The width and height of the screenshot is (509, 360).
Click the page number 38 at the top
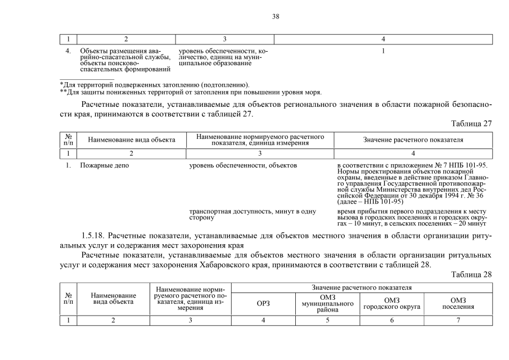276,16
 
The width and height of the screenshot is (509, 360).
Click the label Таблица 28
471,274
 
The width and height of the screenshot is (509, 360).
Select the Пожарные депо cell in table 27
97,165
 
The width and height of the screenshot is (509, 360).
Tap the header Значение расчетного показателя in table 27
413,139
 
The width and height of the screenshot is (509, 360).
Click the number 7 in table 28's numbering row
458,320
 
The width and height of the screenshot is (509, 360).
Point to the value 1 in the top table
382,51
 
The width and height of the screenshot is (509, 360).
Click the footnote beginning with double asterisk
191,92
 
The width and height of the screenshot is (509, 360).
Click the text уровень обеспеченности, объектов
242,165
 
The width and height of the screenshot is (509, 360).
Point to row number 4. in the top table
68,51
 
